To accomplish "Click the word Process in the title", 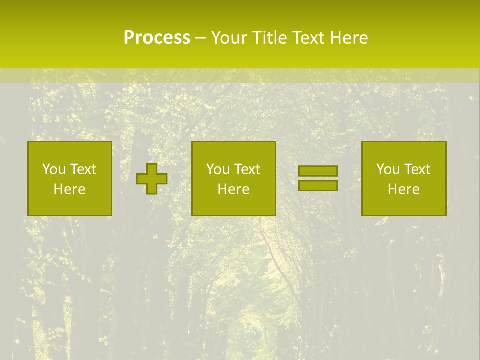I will pos(157,38).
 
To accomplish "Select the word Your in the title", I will pos(228,38).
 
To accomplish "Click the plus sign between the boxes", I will pos(152,179).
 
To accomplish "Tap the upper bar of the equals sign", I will pos(318,171).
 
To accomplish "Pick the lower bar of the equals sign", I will pos(318,185).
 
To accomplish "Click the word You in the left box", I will pos(53,169).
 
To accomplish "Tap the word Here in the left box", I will pos(69,189).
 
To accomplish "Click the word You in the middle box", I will pos(217,169).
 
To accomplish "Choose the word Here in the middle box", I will pos(233,189).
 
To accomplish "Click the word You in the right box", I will pos(387,169).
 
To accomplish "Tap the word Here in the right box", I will pos(403,189).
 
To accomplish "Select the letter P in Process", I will pos(129,38).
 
